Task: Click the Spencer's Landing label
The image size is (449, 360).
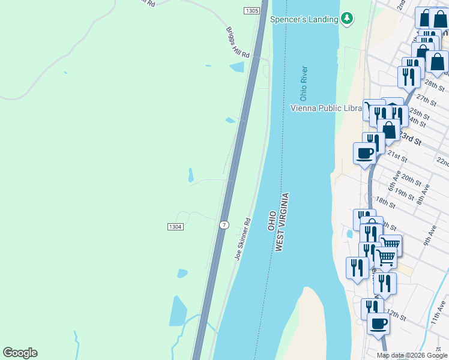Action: (304, 19)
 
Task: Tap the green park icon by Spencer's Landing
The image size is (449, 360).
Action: (347, 19)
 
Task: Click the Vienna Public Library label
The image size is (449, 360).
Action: (326, 108)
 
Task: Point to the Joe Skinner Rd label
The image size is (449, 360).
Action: (243, 238)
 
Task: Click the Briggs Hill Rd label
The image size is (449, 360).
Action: (237, 42)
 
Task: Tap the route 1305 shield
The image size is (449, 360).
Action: (252, 11)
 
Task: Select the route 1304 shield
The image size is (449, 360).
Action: (175, 226)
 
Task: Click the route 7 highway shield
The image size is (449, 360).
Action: (224, 225)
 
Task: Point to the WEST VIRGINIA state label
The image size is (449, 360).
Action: (283, 222)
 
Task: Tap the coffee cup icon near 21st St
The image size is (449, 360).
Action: (365, 154)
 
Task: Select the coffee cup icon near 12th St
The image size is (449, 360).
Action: (378, 324)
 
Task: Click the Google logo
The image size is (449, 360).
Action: (20, 353)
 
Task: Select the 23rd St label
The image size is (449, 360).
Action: (411, 139)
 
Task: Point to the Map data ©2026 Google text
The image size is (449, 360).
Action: (412, 355)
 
